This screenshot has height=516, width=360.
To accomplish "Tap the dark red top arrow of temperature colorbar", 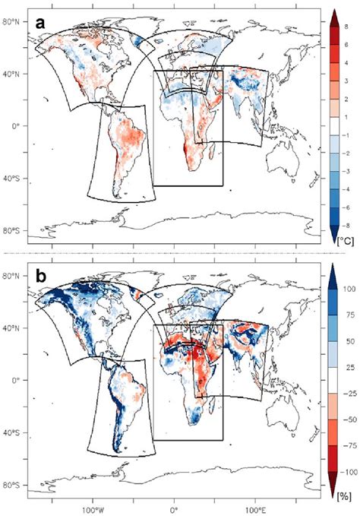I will click(x=330, y=17).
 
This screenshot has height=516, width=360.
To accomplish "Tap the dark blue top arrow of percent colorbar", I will click(x=330, y=272).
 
